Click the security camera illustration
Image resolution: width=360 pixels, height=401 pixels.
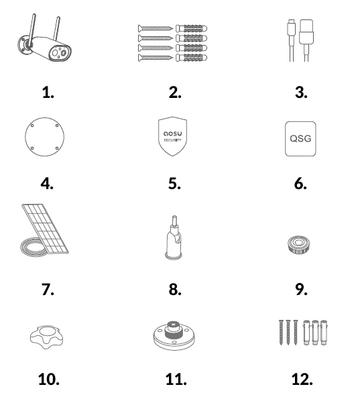pos(44,42)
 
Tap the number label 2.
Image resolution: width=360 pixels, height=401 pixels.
pos(175,93)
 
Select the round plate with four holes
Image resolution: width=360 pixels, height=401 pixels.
pos(45,137)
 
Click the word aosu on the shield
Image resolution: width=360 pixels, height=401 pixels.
pos(172,133)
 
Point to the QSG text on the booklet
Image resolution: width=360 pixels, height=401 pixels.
pos(300,139)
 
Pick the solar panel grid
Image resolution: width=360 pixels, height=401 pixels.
pos(46,227)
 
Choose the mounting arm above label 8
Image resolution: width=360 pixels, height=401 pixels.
pos(174,237)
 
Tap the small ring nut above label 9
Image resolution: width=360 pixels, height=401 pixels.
pos(298,245)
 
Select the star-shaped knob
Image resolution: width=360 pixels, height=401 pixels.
pos(46,337)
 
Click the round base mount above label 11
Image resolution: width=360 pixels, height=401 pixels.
pos(174,335)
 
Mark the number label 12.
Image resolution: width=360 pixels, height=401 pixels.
pos(302,380)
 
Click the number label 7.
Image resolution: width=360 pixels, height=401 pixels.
pos(48,290)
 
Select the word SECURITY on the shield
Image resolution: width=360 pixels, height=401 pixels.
pos(172,140)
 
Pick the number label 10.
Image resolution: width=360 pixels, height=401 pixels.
pos(48,380)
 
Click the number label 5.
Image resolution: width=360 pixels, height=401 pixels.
pos(174,183)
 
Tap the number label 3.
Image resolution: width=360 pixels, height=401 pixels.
pos(301,93)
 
